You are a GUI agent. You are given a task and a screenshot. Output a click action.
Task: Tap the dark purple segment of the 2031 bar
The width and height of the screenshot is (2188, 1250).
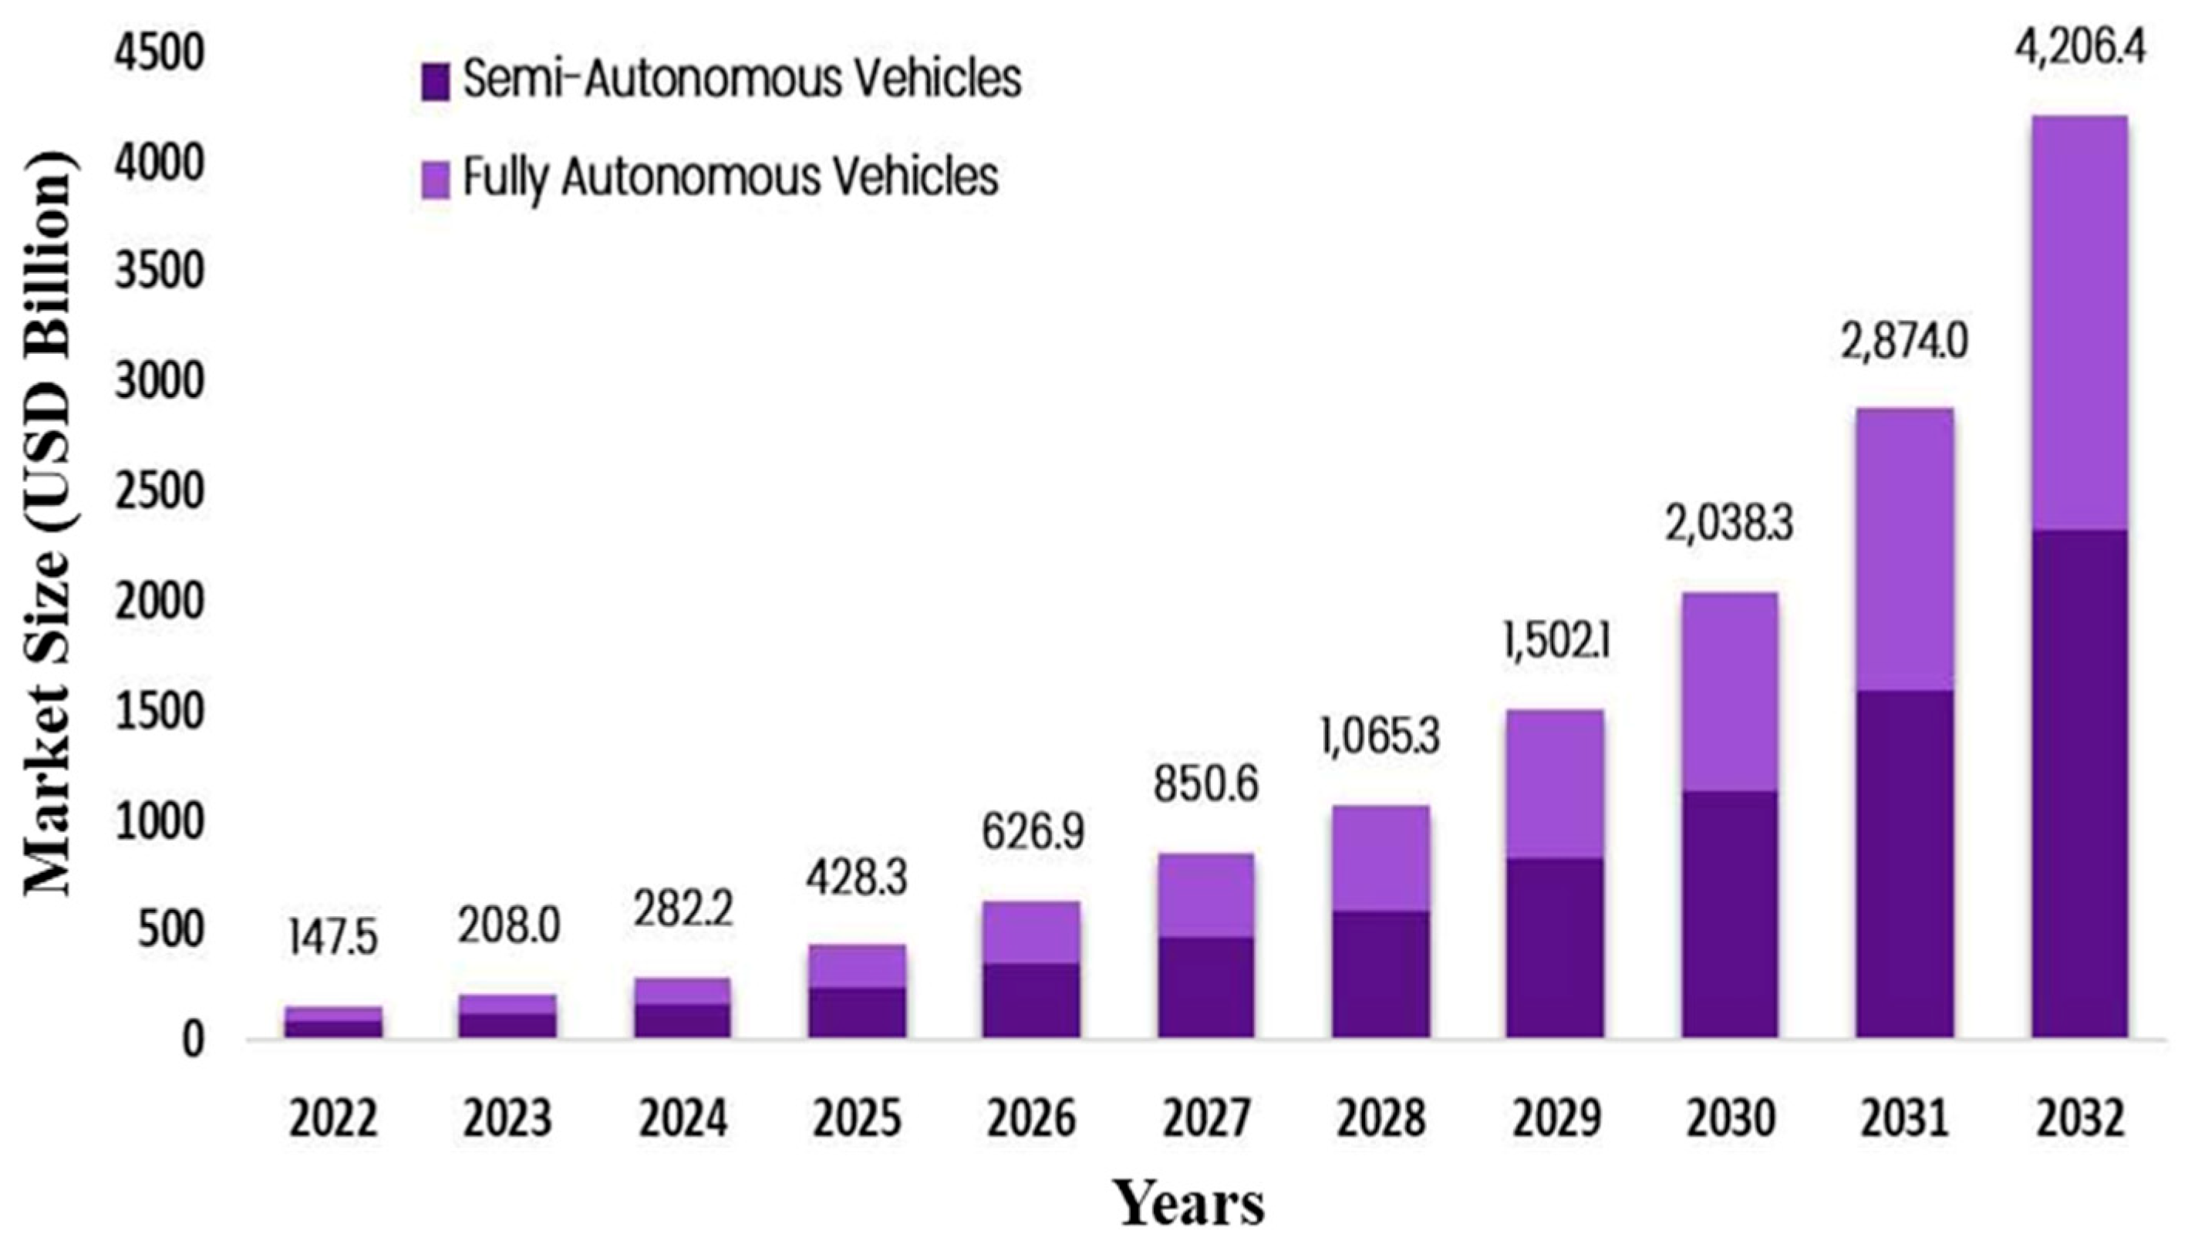[1904, 863]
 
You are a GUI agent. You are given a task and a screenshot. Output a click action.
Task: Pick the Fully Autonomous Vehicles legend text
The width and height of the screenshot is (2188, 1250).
[730, 177]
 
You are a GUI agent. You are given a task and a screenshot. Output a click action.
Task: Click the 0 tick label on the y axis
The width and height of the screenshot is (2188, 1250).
[193, 1039]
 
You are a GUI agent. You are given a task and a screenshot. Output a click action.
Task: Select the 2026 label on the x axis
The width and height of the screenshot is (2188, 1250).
[1031, 1119]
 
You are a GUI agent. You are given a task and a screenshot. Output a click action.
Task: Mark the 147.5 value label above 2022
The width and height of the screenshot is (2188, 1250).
[332, 937]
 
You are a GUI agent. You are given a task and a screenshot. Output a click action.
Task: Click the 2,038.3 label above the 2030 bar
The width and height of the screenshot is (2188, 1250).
[1729, 524]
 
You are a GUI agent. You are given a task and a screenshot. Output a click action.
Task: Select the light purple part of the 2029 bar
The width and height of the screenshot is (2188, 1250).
[1555, 783]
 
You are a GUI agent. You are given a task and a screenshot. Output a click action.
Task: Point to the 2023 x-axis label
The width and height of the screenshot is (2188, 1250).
[507, 1119]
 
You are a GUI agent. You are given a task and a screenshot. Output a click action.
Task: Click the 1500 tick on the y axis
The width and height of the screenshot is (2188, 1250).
[160, 713]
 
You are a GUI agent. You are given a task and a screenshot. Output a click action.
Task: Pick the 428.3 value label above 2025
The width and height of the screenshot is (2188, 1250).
[856, 878]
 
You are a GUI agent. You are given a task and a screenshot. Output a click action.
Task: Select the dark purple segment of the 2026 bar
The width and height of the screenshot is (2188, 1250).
[1031, 999]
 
